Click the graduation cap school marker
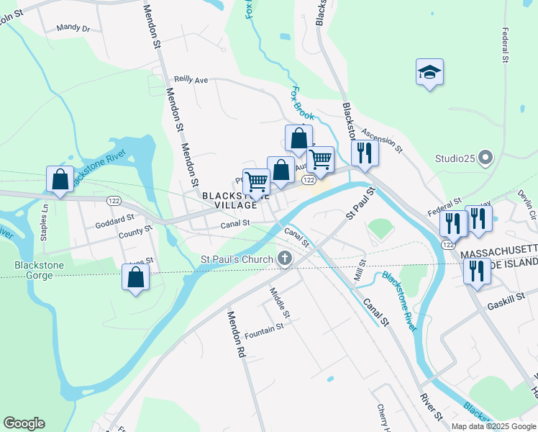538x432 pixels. click(x=429, y=73)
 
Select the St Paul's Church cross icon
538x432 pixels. click(x=285, y=258)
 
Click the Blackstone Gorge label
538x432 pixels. click(x=40, y=271)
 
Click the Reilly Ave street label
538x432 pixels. click(x=191, y=80)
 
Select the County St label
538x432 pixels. click(x=136, y=232)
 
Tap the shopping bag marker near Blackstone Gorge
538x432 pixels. click(x=135, y=277)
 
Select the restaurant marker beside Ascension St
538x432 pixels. click(x=365, y=153)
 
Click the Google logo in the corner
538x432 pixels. click(x=24, y=423)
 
